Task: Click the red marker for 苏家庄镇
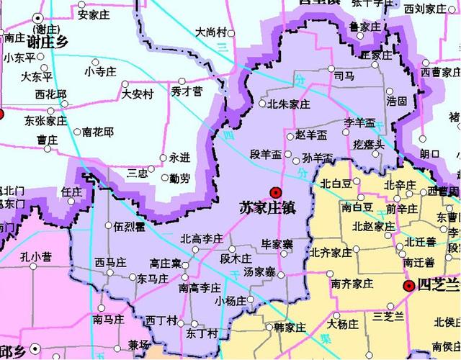(275, 192)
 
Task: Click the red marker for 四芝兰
(408, 286)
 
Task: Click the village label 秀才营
(187, 91)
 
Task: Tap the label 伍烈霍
(130, 226)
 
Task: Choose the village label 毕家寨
(277, 245)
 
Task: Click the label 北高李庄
(201, 238)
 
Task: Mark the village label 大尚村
(211, 32)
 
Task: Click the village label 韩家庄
(290, 328)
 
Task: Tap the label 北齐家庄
(331, 253)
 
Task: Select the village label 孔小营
(36, 256)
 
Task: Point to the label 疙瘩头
(368, 145)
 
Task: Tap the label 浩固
(396, 101)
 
